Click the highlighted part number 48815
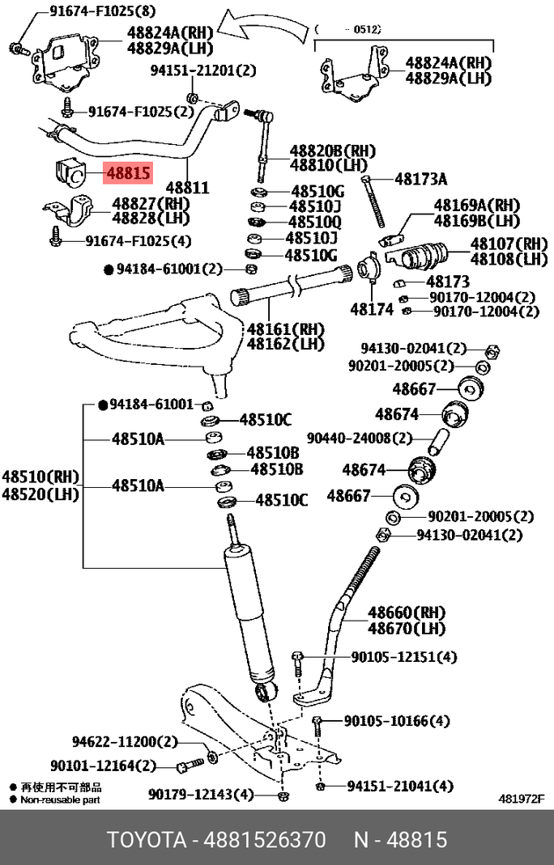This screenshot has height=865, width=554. coord(128,172)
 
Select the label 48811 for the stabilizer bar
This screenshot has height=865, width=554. coord(187,188)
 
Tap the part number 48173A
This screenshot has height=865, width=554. coord(420,179)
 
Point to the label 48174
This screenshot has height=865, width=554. coord(372,309)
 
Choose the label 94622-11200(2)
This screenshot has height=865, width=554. coord(124,741)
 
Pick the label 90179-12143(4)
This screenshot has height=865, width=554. coord(201,795)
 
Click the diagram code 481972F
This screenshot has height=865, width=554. coord(522,799)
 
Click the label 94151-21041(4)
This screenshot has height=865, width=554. coord(400,786)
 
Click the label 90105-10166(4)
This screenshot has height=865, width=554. coord(397,720)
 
